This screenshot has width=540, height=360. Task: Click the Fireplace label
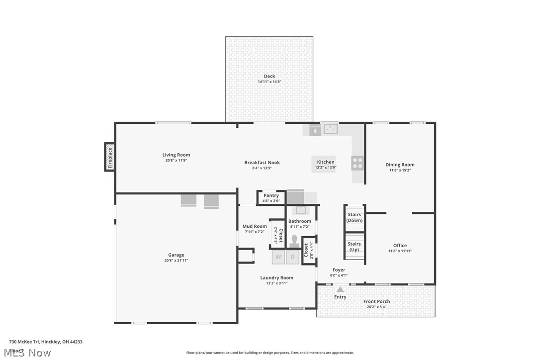(x=110, y=157)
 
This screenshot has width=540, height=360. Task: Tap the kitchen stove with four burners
(x=358, y=163)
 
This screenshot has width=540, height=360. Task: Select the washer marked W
(x=278, y=257)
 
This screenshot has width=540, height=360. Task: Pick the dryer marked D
(x=293, y=257)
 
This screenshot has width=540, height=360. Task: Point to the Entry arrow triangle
(x=340, y=289)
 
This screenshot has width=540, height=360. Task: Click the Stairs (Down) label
(x=355, y=217)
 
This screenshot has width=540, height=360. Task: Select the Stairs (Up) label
(x=354, y=247)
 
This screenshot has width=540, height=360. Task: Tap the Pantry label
(x=271, y=195)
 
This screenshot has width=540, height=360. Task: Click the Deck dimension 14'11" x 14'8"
(x=269, y=82)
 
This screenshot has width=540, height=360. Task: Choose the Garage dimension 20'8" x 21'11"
(x=176, y=260)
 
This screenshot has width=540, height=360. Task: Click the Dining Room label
(x=400, y=165)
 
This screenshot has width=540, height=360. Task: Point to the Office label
(x=400, y=245)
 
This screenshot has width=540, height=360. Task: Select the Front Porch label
(x=376, y=301)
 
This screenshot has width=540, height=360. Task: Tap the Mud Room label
(x=254, y=226)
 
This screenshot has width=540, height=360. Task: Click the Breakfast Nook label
(x=262, y=163)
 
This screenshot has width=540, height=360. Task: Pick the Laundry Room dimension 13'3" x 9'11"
(x=276, y=283)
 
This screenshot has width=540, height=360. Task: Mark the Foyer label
(x=339, y=270)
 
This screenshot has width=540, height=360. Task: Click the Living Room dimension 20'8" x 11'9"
(x=176, y=160)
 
